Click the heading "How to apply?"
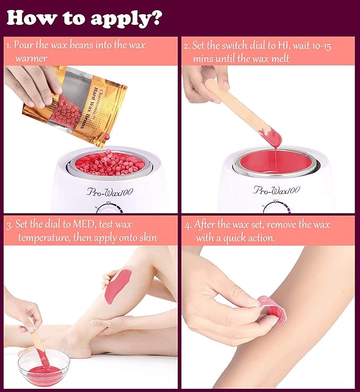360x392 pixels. pos(84,18)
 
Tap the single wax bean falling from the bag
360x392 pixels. pos(107,137)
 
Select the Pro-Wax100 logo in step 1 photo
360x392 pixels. pos(110,192)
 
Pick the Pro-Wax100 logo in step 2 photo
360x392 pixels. pos(276,190)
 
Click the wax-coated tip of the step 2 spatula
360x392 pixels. pos(271,137)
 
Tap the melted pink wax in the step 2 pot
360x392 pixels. pos(276,162)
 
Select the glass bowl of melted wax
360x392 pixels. pos(44,367)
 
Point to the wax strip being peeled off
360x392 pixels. pos(272,309)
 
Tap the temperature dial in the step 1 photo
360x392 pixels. pos(109,208)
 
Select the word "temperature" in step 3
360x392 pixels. pos(44,237)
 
